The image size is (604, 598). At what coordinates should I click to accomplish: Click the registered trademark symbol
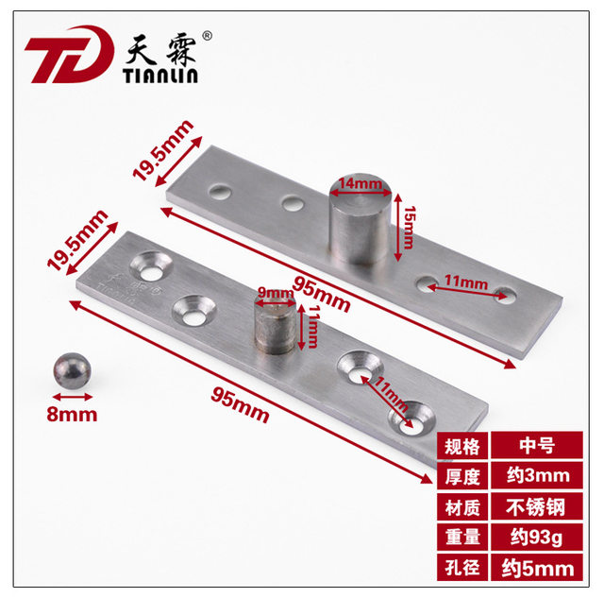207,38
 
